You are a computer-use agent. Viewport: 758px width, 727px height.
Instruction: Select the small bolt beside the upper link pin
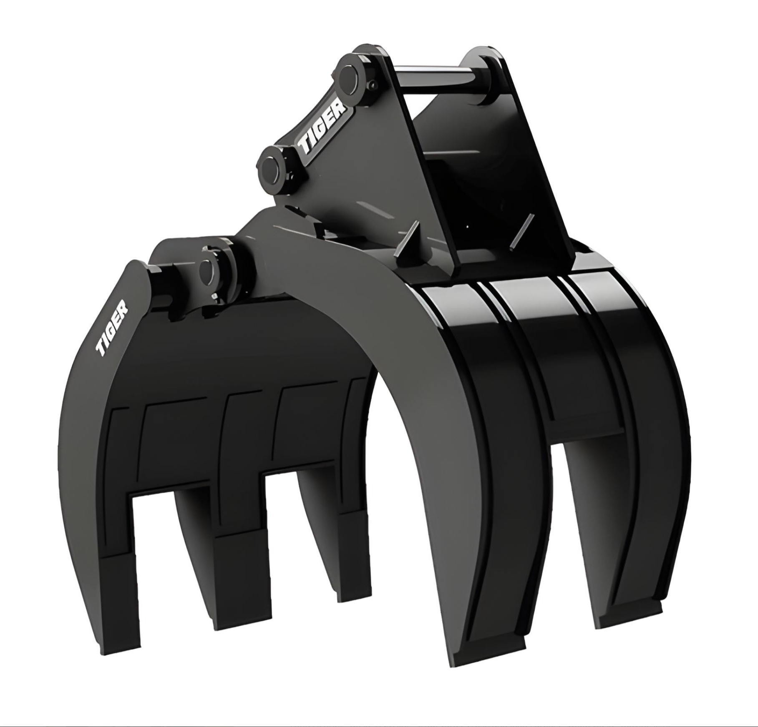[x=374, y=85]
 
